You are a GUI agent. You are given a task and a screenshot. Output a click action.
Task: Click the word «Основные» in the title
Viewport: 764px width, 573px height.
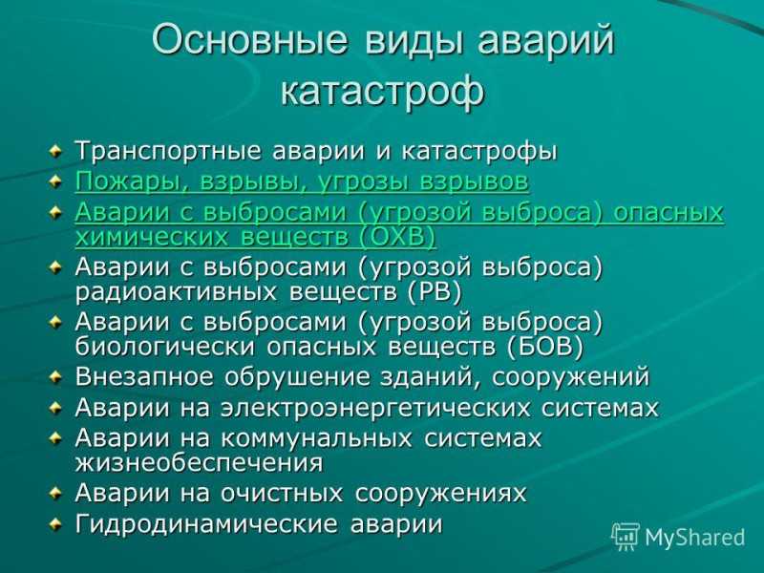(x=250, y=38)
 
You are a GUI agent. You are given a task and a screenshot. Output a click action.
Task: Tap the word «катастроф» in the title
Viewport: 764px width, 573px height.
(x=383, y=90)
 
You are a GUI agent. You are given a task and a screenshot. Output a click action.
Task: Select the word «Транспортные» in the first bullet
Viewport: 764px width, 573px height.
(x=168, y=151)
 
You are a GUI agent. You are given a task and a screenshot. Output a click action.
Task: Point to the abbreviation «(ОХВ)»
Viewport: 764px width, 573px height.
(x=396, y=237)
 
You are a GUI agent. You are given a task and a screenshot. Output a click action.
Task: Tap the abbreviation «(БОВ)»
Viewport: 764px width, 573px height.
(x=544, y=347)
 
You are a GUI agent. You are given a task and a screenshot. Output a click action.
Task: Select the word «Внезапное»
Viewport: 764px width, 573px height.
(x=144, y=376)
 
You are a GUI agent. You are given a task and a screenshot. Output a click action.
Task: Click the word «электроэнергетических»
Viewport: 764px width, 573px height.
(x=375, y=409)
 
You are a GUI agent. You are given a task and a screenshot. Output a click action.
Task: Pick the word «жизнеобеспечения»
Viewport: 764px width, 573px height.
(x=199, y=462)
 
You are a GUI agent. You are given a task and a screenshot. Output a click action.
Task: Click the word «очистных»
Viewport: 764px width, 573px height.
(x=282, y=493)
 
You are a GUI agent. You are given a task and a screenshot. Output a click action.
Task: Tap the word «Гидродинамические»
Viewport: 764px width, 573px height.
(x=206, y=524)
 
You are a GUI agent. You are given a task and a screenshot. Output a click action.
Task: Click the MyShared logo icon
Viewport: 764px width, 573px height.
(x=626, y=537)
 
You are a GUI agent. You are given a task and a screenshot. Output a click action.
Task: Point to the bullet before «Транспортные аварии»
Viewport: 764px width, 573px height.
(x=55, y=151)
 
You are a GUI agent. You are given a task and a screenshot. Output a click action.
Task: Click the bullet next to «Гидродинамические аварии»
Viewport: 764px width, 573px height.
(x=55, y=523)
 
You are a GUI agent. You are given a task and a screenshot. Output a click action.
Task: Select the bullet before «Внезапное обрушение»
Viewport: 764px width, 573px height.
(x=55, y=376)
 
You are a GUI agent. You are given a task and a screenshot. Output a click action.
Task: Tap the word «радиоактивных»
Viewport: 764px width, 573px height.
(x=176, y=292)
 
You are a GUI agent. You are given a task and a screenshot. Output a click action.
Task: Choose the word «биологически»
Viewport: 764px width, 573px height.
(x=164, y=347)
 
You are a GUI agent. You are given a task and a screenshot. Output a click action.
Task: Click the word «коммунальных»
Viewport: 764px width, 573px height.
(x=316, y=438)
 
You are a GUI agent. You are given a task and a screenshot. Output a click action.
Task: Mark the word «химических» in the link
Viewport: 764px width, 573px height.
(x=152, y=237)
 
